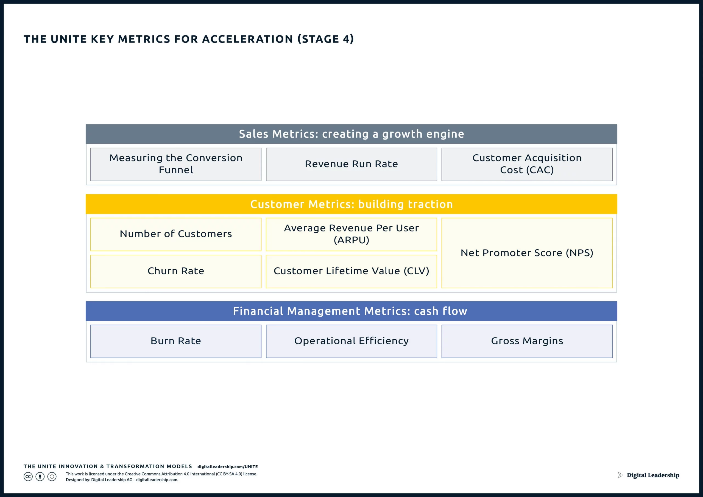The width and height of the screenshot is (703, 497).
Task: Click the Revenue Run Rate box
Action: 351,164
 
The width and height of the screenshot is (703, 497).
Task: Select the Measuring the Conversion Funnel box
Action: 176,164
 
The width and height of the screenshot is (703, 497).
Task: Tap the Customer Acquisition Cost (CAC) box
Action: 527,164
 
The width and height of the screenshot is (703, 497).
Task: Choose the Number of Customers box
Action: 176,234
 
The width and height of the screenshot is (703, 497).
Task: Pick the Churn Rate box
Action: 176,271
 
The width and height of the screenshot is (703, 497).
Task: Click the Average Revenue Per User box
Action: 351,234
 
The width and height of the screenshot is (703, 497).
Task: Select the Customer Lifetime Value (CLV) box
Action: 351,271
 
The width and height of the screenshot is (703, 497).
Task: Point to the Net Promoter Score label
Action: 527,253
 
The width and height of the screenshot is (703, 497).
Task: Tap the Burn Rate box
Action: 176,341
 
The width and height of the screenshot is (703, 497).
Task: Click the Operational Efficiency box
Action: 351,341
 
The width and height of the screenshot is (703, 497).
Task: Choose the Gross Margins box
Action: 527,341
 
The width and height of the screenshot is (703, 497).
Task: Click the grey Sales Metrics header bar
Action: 351,134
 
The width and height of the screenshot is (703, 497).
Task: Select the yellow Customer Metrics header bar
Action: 351,204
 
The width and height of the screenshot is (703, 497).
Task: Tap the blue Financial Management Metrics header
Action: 351,311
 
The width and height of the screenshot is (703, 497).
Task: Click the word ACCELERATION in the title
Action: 248,39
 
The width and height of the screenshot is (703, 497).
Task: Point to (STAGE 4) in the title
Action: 326,39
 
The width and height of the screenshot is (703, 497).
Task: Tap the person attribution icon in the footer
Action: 40,477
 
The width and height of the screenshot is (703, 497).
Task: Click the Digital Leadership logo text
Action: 653,475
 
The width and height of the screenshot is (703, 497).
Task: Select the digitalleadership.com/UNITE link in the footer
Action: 227,467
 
